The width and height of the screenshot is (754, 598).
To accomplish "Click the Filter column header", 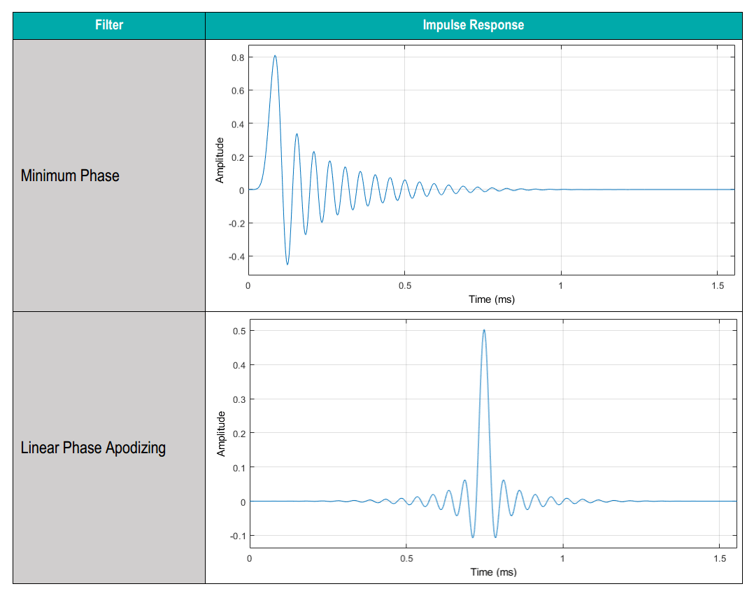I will [x=108, y=25].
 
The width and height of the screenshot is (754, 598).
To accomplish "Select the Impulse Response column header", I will [x=473, y=25].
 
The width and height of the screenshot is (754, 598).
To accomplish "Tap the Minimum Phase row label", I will [x=70, y=176].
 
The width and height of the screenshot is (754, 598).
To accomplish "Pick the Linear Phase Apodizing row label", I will [x=93, y=448].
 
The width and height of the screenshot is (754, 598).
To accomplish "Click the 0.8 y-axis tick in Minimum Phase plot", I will [x=237, y=57].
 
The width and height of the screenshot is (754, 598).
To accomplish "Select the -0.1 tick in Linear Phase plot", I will [x=236, y=536].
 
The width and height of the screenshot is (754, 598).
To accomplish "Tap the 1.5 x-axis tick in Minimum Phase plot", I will [x=718, y=286].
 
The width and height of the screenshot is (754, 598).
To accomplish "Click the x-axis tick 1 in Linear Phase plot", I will [x=563, y=559].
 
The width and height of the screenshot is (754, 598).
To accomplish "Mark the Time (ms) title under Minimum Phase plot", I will [x=491, y=299].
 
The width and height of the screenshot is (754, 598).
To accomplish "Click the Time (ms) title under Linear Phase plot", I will [x=493, y=572].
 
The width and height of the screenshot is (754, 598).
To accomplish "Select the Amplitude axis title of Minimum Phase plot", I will [x=220, y=160].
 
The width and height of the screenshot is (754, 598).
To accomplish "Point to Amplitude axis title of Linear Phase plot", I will [x=221, y=434].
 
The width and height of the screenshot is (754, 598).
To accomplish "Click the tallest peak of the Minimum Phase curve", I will [x=275, y=56].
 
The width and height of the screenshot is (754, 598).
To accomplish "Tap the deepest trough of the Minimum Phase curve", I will [x=287, y=264].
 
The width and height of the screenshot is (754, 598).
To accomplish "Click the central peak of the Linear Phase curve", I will [x=484, y=330].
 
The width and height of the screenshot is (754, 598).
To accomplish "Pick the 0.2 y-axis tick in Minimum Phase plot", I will [x=237, y=157].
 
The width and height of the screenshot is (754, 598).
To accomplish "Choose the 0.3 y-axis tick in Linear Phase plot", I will [x=239, y=399].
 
